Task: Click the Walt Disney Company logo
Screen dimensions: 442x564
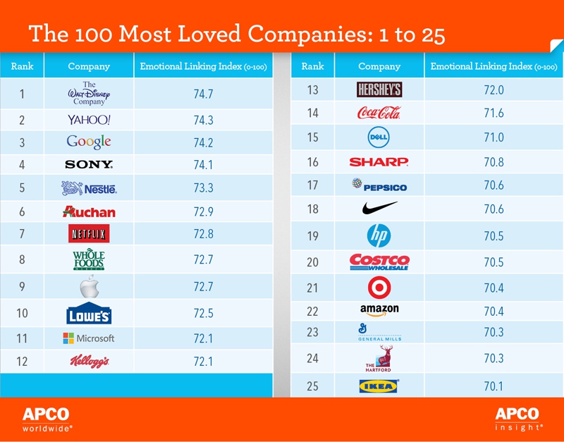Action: pyautogui.click(x=89, y=93)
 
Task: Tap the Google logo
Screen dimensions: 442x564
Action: pyautogui.click(x=89, y=142)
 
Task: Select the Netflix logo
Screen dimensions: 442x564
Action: pyautogui.click(x=89, y=233)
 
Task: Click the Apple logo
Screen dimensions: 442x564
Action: pyautogui.click(x=90, y=286)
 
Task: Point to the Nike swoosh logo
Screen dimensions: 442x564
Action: pyautogui.click(x=379, y=209)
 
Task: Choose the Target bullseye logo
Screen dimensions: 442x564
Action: pyautogui.click(x=379, y=288)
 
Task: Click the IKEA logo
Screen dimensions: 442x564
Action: pyautogui.click(x=379, y=386)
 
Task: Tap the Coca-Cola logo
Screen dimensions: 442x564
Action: pyautogui.click(x=379, y=113)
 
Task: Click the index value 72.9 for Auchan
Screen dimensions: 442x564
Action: pyautogui.click(x=203, y=211)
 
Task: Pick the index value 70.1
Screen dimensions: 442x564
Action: pyautogui.click(x=493, y=386)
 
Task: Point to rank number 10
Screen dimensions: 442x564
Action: pyautogui.click(x=22, y=314)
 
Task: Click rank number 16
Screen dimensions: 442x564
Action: pyautogui.click(x=313, y=162)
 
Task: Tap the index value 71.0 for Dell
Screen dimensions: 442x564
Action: pyautogui.click(x=493, y=137)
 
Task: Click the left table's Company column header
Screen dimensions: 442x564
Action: pyautogui.click(x=89, y=66)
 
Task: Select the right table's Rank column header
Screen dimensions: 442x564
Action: pyautogui.click(x=312, y=66)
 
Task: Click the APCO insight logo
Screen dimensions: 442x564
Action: pyautogui.click(x=517, y=419)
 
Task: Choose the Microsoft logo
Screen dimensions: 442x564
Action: pyautogui.click(x=89, y=338)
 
